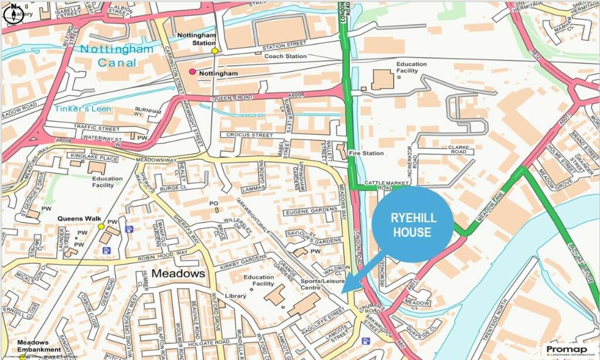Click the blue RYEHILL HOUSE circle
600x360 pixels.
coord(412,225)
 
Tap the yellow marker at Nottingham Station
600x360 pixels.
coord(215,51)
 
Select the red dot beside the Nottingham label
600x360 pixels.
coord(192,72)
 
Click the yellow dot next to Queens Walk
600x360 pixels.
coord(101,226)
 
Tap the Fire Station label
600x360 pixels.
coord(366,154)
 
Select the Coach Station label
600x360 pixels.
coord(285,56)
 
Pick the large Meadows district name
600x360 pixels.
coord(178,274)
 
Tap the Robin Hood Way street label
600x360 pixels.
coord(163,257)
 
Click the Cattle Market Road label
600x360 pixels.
coord(378,185)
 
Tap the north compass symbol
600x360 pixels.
coord(12,12)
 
